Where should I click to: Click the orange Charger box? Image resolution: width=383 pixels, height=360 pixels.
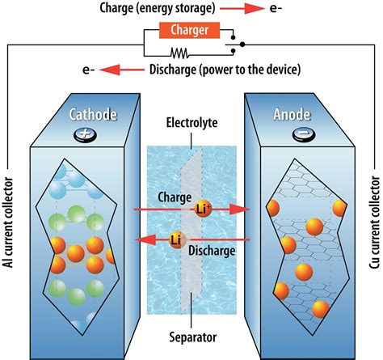(191, 32)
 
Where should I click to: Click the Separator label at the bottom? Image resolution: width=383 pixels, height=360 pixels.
(191, 341)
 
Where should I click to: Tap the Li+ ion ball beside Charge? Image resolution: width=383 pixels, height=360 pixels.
(204, 209)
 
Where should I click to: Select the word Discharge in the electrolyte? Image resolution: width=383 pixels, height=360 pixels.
(213, 251)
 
